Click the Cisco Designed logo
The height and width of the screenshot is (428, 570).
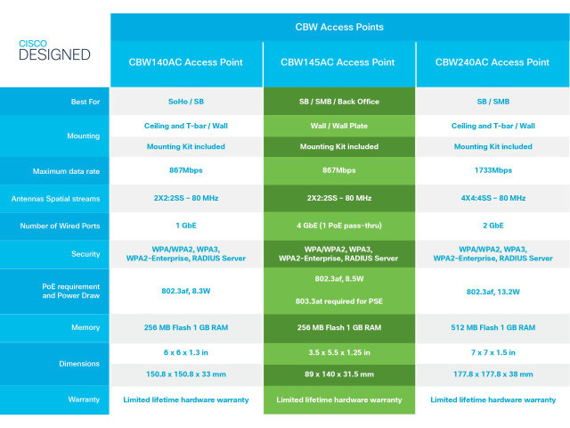pyautogui.click(x=54, y=50)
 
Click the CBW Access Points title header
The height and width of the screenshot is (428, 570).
pyautogui.click(x=339, y=27)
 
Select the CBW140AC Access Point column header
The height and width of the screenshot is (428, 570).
pyautogui.click(x=186, y=62)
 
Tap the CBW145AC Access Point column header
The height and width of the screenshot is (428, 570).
pyautogui.click(x=338, y=62)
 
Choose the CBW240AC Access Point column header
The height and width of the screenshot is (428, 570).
pyautogui.click(x=493, y=62)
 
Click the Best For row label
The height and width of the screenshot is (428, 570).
pyautogui.click(x=85, y=102)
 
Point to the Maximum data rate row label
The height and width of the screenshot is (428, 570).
pyautogui.click(x=66, y=171)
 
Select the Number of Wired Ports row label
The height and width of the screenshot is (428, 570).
pyautogui.click(x=60, y=226)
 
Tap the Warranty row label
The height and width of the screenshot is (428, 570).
pyautogui.click(x=84, y=399)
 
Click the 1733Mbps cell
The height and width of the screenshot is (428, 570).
pyautogui.click(x=493, y=170)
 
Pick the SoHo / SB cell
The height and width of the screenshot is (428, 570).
pyautogui.click(x=186, y=102)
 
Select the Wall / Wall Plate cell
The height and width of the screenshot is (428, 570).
pyautogui.click(x=339, y=126)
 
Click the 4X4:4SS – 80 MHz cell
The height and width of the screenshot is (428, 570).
pyautogui.click(x=493, y=198)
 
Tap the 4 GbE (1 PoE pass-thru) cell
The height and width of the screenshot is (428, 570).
pyautogui.click(x=339, y=226)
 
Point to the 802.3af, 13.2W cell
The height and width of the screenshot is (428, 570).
pyautogui.click(x=493, y=292)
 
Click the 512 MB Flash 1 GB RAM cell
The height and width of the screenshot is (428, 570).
pyautogui.click(x=493, y=327)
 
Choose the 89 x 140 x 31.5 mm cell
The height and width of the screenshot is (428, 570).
pyautogui.click(x=339, y=374)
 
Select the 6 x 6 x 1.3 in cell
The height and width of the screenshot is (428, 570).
pyautogui.click(x=186, y=353)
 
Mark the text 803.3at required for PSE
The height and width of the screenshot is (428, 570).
pyautogui.click(x=339, y=301)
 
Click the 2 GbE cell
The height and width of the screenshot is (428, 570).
pyautogui.click(x=493, y=226)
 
